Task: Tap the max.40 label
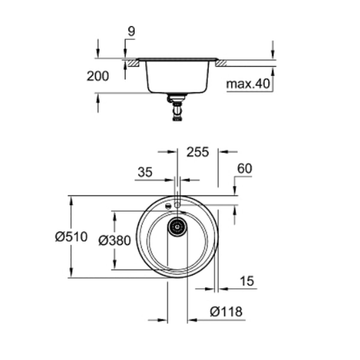click(248, 85)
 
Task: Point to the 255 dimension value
click(197, 152)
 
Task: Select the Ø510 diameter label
click(71, 237)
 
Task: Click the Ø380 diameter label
click(115, 240)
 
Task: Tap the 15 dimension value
click(247, 281)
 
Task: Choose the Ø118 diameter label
click(226, 312)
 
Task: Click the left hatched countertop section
click(133, 63)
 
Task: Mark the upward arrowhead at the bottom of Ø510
click(71, 273)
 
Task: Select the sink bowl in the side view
click(177, 76)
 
